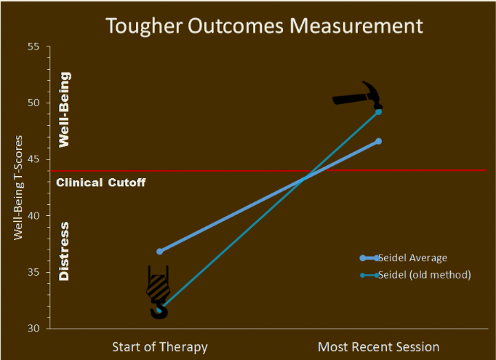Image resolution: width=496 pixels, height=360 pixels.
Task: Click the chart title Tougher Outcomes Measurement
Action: [x=264, y=26]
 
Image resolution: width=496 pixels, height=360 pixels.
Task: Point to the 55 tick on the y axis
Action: [x=33, y=47]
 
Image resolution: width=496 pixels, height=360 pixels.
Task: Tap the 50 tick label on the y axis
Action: [x=33, y=103]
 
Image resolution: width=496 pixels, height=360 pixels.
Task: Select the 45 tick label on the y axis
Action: [x=33, y=159]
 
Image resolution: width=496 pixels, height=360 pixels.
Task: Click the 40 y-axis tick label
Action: [x=33, y=216]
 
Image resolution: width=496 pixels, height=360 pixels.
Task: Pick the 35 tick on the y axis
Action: [x=33, y=273]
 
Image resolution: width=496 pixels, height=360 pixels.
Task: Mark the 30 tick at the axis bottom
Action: [x=33, y=329]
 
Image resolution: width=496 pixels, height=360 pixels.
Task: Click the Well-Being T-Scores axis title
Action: [x=18, y=188]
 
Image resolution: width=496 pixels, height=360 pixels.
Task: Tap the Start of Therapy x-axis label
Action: [x=160, y=347]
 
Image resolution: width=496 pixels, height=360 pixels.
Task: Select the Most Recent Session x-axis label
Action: [x=378, y=347]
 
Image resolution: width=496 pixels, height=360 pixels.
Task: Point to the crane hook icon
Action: [x=159, y=292]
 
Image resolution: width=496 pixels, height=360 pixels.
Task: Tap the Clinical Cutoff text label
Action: [x=101, y=183]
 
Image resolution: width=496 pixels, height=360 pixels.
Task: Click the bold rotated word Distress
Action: [x=64, y=252]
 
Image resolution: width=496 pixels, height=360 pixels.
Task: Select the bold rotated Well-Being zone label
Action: [x=65, y=110]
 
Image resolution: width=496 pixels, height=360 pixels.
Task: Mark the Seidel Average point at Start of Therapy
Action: [x=160, y=252]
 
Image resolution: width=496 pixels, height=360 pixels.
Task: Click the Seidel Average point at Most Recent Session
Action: [x=379, y=141]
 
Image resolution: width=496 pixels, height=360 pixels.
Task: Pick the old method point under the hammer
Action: [x=378, y=112]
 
